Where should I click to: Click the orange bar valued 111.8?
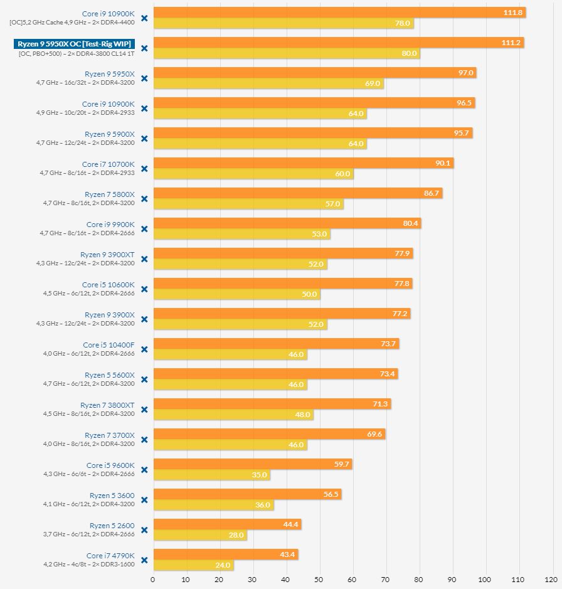pyautogui.click(x=339, y=13)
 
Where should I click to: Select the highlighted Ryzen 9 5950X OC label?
pyautogui.click(x=74, y=44)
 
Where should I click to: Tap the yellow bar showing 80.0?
pyautogui.click(x=286, y=53)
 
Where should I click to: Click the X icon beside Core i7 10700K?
pyautogui.click(x=144, y=169)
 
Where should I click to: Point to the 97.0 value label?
pyautogui.click(x=465, y=73)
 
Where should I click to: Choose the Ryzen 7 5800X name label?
pyautogui.click(x=110, y=194)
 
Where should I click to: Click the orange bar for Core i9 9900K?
pyautogui.click(x=287, y=223)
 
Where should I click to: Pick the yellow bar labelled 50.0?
pyautogui.click(x=236, y=294)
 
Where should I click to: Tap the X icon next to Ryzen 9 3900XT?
pyautogui.click(x=144, y=259)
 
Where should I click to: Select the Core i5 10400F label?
pyautogui.click(x=109, y=345)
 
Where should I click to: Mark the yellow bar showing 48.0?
pyautogui.click(x=233, y=415)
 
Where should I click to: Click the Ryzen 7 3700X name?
pyautogui.click(x=110, y=435)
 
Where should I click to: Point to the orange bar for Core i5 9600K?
pyautogui.click(x=252, y=464)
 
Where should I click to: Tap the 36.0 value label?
pyautogui.click(x=262, y=505)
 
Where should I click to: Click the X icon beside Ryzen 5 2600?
pyautogui.click(x=144, y=530)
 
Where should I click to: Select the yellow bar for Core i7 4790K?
pyautogui.click(x=193, y=565)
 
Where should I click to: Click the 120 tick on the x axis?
pyautogui.click(x=551, y=580)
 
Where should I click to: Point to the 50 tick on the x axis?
pyautogui.click(x=319, y=580)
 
